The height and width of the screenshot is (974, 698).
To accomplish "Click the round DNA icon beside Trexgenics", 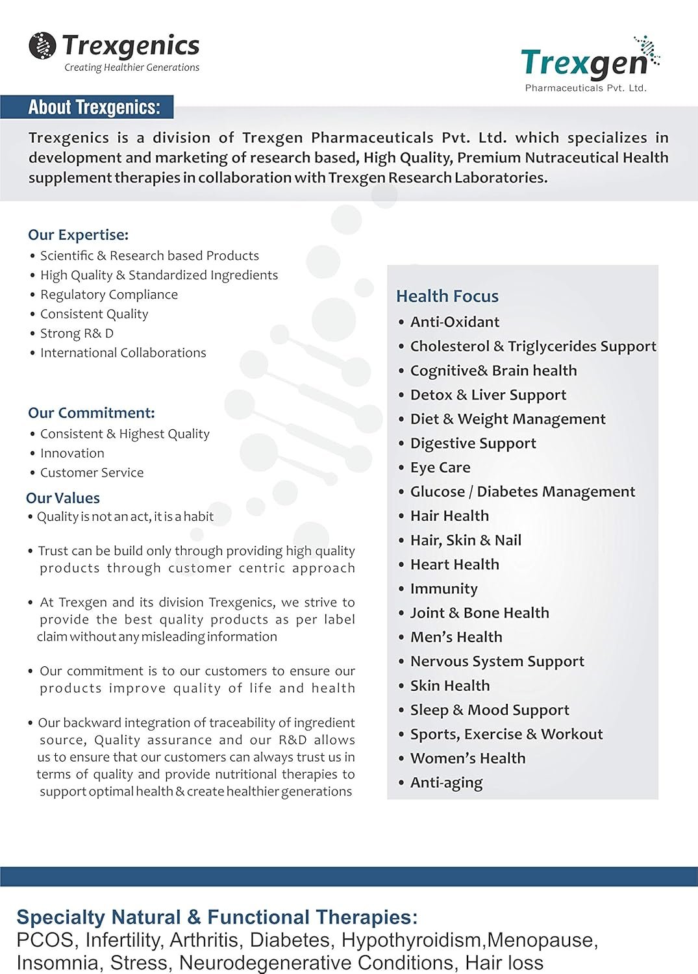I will point(42,45).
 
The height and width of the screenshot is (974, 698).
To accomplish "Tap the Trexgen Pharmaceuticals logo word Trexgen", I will point(584,63).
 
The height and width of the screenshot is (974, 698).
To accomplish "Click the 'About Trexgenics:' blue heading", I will point(94,107).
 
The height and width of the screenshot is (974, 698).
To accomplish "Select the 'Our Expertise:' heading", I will point(79,234).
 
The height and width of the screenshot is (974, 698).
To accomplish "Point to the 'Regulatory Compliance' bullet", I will point(109,294).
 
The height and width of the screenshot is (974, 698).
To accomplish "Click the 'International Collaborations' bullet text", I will point(123,353).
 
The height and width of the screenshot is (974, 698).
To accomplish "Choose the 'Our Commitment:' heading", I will point(92,412).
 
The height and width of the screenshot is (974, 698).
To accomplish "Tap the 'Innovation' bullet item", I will point(72,453).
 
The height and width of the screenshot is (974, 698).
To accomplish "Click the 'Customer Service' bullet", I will point(92,472).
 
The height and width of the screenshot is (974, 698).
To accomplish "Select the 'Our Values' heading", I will point(63,498).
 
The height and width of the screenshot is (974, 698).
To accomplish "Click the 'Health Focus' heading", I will point(447,296).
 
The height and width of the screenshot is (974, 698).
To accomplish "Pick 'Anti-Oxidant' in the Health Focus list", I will point(455,322).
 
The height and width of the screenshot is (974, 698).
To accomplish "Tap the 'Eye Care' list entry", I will point(440,468).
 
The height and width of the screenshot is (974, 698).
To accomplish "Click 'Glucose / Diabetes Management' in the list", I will point(523,492).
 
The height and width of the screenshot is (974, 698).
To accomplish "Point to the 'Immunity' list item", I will point(444,589).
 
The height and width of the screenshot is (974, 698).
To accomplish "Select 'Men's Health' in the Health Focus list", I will point(456,637).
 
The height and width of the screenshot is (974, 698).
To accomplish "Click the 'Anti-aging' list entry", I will point(447,782).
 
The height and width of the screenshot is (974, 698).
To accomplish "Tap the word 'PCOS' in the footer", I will point(45,940).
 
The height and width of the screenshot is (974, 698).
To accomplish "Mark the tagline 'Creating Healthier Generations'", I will point(132,68).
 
